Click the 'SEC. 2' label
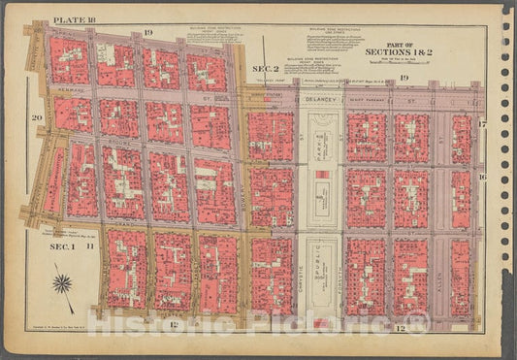pyautogui.click(x=265, y=69)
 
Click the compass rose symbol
pyautogui.click(x=64, y=283)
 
